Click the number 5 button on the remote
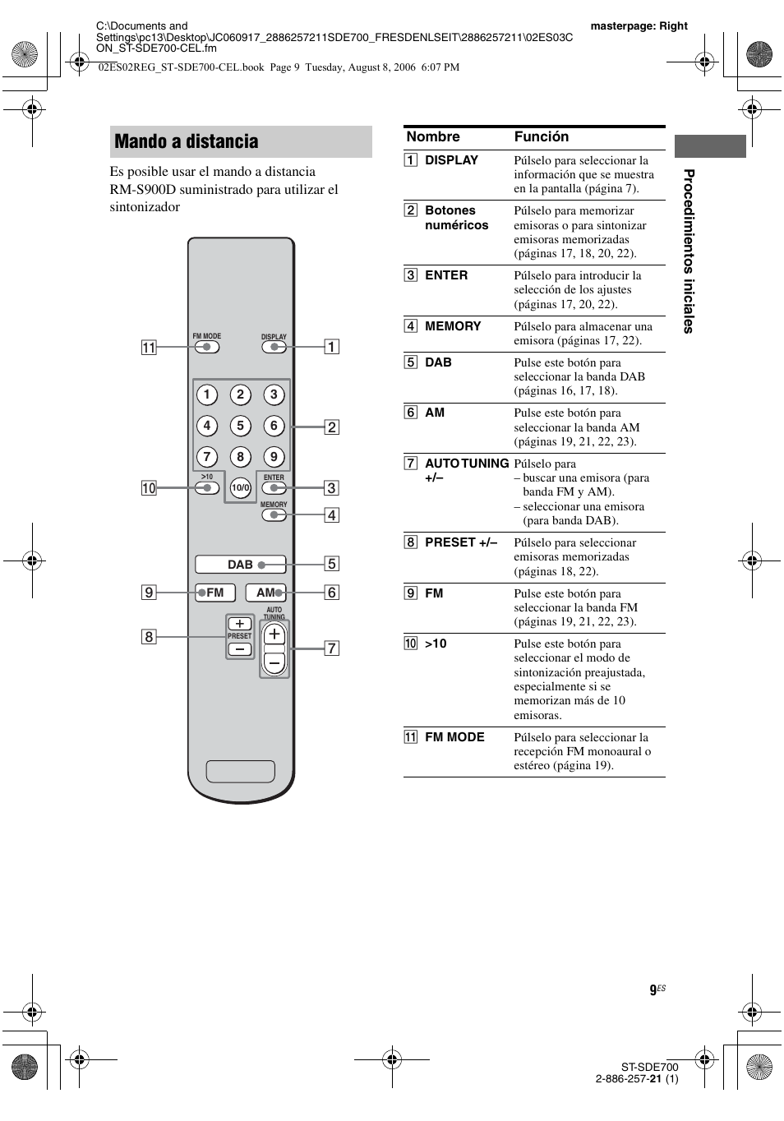[240, 426]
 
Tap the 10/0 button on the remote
[240, 488]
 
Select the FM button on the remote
[215, 593]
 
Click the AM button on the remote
[265, 593]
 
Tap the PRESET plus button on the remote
[239, 624]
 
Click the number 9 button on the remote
[274, 457]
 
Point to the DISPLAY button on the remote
[274, 347]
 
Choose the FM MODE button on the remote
[207, 347]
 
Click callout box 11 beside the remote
[149, 348]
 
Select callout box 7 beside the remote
[331, 648]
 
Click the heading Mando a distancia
[187, 141]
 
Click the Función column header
[542, 137]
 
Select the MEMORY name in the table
[453, 326]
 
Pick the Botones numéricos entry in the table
[456, 218]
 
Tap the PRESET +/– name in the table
[460, 542]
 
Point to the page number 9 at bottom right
[653, 991]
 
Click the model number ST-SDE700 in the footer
[649, 1067]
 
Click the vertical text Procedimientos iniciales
[689, 251]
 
